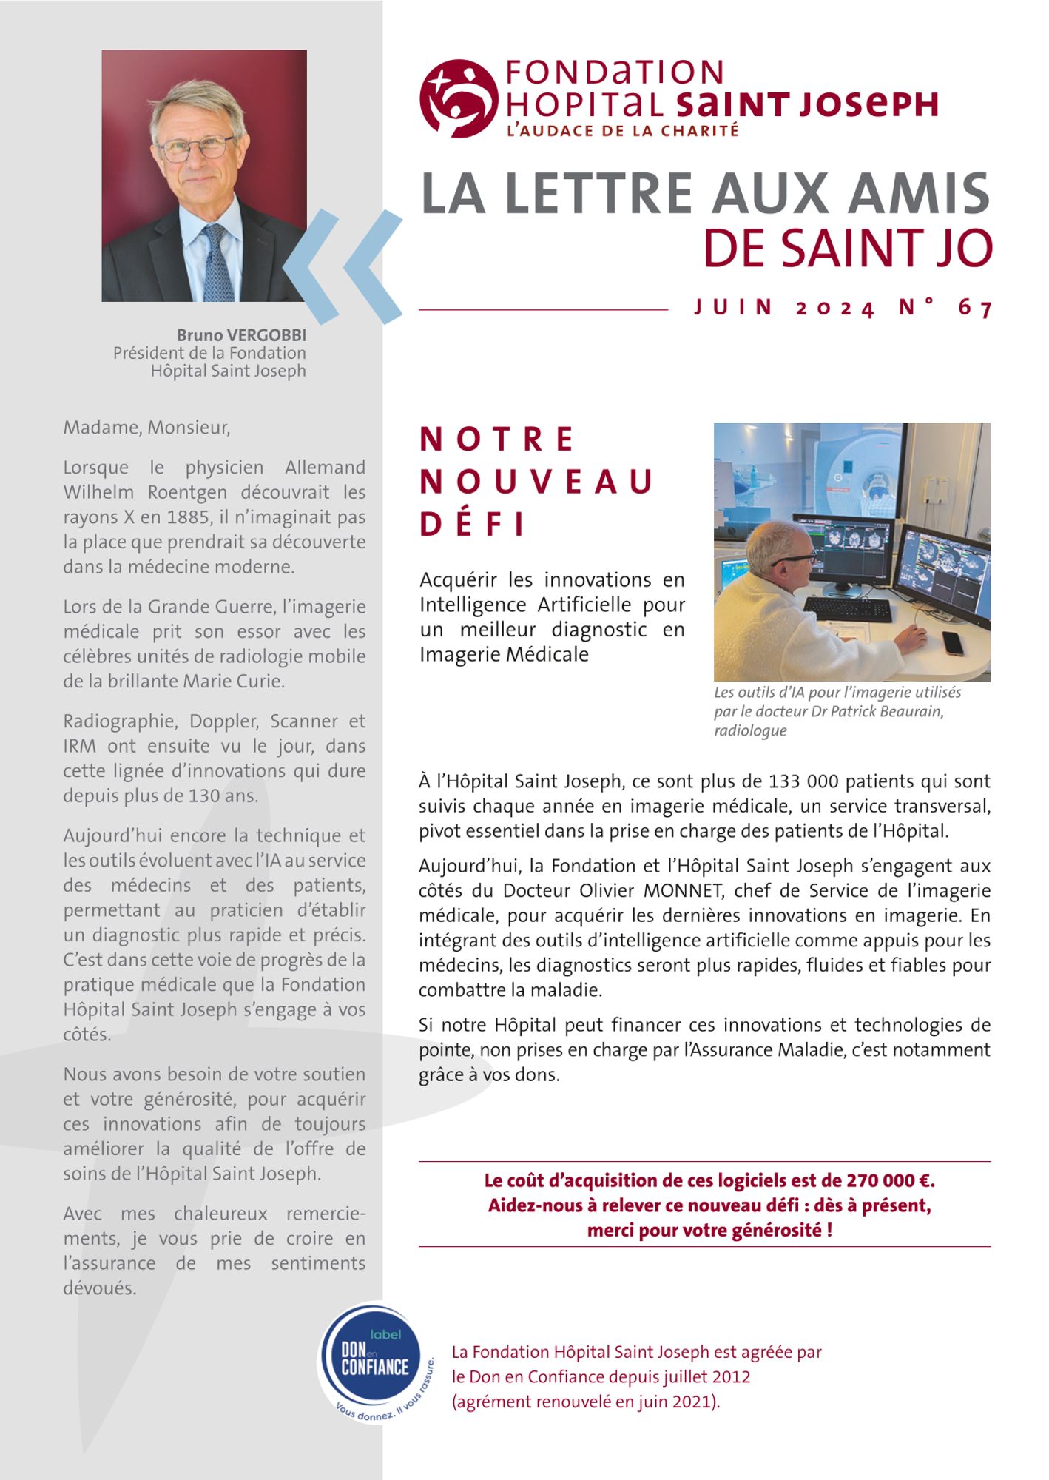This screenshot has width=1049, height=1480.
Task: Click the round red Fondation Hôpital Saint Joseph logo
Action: [x=459, y=98]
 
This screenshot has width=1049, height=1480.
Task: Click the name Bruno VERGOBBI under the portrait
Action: [x=241, y=335]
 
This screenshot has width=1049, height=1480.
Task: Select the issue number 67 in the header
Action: [x=974, y=307]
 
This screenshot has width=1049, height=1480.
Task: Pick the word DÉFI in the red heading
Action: [x=473, y=524]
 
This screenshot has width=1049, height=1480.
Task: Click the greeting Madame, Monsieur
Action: [x=146, y=428]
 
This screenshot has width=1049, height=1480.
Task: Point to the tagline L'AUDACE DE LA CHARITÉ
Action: [x=622, y=131]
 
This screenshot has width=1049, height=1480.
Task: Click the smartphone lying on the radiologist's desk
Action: [x=953, y=643]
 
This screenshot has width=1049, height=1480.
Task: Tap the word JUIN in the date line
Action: [x=733, y=307]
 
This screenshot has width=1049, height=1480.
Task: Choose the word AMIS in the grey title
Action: [x=918, y=193]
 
